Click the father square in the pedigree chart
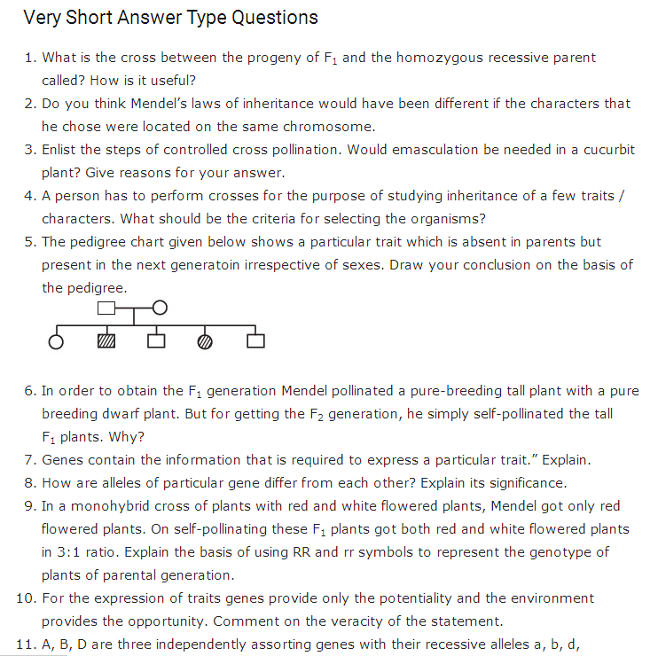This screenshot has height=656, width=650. coord(106,308)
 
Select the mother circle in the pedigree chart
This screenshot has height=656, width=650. coord(160,308)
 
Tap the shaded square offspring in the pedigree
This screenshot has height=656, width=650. coord(106,340)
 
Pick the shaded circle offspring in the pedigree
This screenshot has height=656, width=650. coord(206,340)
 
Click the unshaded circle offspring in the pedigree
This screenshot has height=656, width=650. coord(57,341)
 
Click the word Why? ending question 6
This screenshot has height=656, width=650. coord(128,437)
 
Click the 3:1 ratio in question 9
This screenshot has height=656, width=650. coord(73,552)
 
